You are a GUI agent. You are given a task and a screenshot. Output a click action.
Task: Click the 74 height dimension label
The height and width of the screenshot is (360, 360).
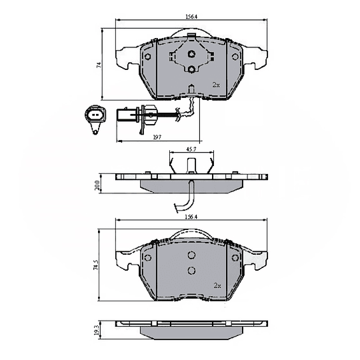tap(98, 65)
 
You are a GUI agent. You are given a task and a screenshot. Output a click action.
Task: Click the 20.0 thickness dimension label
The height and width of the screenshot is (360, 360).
tap(98, 184)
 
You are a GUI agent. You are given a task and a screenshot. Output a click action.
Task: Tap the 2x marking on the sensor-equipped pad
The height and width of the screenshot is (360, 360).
tap(216, 85)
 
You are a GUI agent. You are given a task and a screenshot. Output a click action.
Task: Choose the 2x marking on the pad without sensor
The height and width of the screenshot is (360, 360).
tap(217, 285)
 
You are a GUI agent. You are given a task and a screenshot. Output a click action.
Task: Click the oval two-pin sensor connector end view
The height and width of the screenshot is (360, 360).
tap(96, 117)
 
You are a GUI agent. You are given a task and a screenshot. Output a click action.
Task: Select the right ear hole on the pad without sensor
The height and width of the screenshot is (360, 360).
tap(235, 257)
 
